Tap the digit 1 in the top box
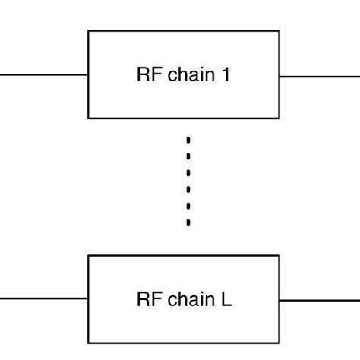225,75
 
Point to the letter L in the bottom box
226,299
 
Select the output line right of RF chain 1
319,76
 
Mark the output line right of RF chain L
319,300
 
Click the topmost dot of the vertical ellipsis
188,139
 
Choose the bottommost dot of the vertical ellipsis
188,223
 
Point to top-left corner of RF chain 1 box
89,31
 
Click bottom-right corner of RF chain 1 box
279,118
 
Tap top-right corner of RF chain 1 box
279,31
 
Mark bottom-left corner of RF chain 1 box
89,118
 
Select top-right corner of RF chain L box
279,256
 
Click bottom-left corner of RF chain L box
89,343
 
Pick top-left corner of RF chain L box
89,256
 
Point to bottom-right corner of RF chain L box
279,343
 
